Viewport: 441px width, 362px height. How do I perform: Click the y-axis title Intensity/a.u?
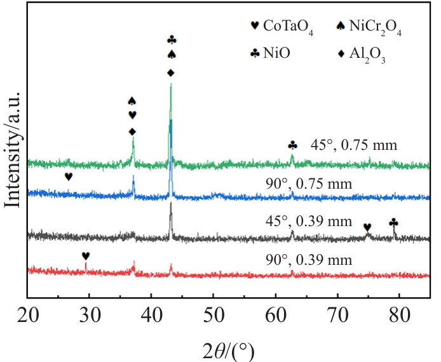[x=13, y=150]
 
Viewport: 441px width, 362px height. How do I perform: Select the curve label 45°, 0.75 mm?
[x=354, y=145]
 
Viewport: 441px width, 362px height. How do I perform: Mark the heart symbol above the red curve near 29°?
[x=86, y=256]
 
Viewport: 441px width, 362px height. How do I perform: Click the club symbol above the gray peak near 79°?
[x=393, y=222]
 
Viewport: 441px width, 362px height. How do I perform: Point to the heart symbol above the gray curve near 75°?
[x=367, y=227]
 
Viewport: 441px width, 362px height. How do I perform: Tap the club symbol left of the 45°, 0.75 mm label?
[x=292, y=145]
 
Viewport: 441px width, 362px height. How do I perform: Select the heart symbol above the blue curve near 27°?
[x=69, y=177]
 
